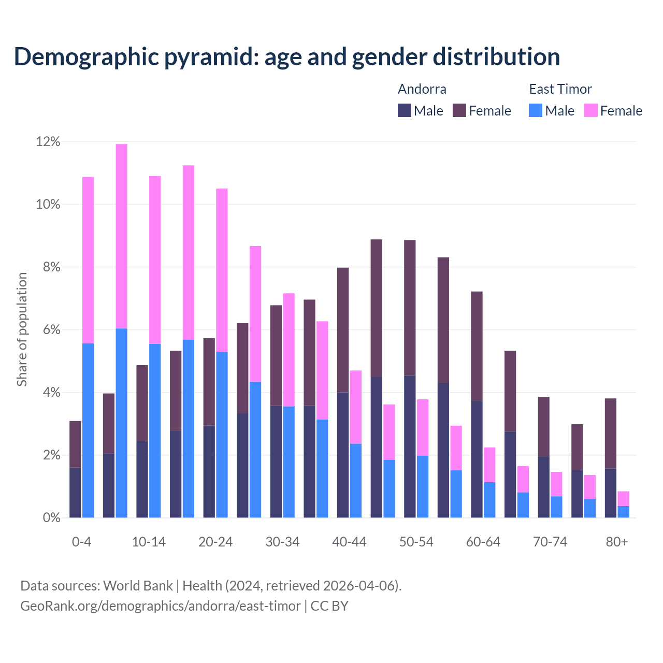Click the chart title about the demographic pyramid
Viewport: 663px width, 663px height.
286,57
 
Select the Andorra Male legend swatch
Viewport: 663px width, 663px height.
405,110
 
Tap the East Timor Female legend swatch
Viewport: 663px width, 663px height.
591,110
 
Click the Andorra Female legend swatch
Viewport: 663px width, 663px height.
459,110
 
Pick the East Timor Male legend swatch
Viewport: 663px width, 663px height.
536,110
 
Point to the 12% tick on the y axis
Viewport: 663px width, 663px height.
48,142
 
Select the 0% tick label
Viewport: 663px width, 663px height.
51,518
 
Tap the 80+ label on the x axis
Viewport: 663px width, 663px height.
617,542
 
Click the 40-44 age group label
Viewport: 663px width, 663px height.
349,542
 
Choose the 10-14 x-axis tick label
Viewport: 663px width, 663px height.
149,542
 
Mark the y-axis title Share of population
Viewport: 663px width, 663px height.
22,329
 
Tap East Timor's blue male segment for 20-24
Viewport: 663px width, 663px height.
222,435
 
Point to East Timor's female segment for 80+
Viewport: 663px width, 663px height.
624,498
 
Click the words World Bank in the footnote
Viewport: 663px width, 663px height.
138,586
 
